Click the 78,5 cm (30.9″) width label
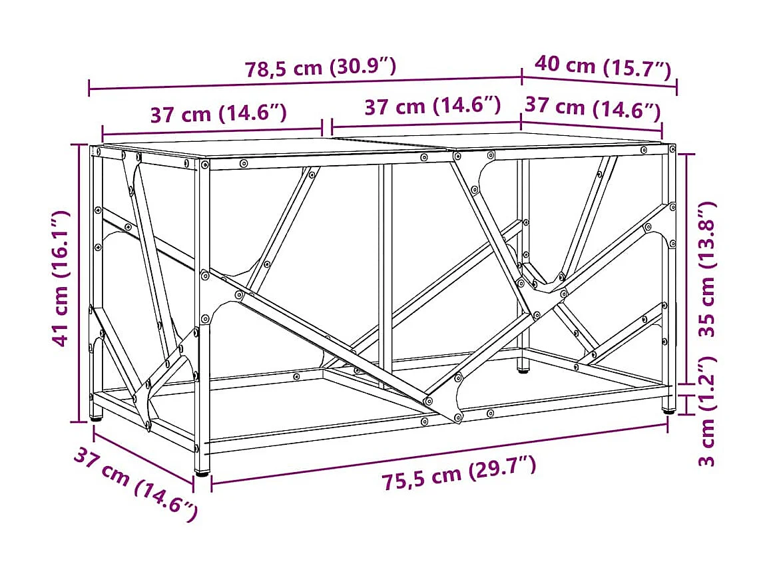[x=321, y=67]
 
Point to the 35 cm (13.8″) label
[x=708, y=268]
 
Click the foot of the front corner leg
[x=200, y=471]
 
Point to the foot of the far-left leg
[x=97, y=418]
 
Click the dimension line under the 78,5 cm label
[x=305, y=83]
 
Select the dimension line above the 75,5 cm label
[x=439, y=453]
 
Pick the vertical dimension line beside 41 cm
[x=80, y=283]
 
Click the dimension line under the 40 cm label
[x=599, y=81]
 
